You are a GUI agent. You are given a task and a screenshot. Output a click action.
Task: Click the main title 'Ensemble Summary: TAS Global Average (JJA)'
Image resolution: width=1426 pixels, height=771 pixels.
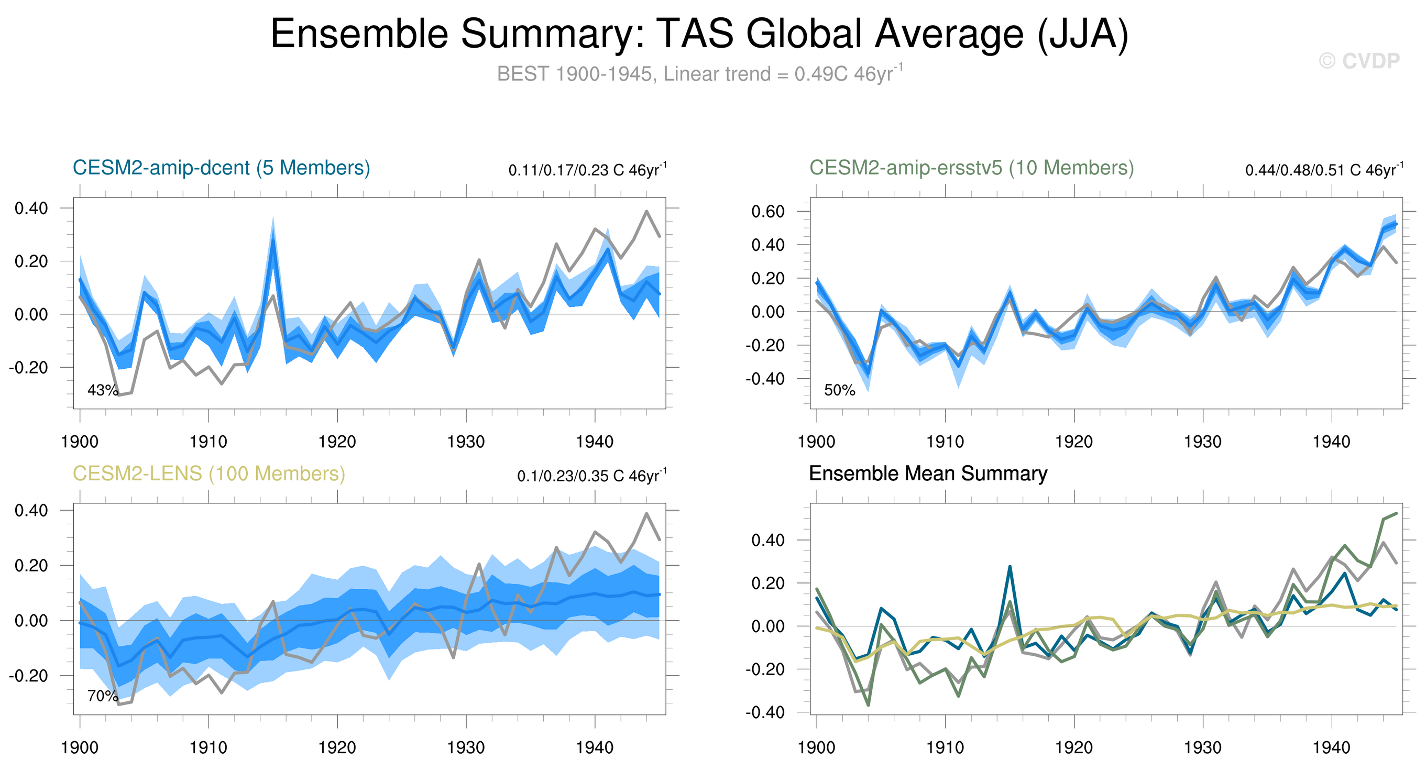[699, 35]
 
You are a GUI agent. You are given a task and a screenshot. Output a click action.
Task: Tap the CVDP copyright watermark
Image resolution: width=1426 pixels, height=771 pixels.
[1359, 61]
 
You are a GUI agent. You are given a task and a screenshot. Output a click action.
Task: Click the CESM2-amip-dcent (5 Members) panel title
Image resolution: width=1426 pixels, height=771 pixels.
[222, 168]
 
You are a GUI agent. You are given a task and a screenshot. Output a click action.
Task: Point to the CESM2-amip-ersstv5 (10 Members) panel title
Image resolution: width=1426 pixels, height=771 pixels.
[971, 168]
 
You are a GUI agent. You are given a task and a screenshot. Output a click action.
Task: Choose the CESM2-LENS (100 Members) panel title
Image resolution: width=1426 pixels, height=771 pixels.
[209, 474]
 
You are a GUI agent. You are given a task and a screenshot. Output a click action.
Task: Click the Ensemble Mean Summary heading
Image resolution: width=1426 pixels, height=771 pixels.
[928, 474]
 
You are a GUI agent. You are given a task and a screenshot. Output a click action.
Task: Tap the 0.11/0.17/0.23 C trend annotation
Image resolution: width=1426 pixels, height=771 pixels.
[587, 170]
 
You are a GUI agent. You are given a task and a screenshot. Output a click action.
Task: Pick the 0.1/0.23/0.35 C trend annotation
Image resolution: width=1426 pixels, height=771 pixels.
[592, 476]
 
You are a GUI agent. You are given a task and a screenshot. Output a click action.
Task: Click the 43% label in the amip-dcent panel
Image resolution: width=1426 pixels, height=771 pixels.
[102, 390]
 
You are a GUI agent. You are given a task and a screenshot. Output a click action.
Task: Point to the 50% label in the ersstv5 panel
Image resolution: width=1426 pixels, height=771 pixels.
[839, 390]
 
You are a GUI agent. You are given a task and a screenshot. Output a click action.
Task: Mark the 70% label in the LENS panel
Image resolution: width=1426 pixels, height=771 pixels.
[102, 696]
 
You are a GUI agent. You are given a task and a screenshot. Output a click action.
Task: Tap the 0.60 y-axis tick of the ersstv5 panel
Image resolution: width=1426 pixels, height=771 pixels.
[767, 212]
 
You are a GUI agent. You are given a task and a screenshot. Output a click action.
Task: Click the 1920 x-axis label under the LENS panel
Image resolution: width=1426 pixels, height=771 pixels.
[337, 748]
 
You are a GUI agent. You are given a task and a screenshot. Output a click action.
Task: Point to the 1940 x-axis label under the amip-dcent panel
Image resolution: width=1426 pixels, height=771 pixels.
[595, 442]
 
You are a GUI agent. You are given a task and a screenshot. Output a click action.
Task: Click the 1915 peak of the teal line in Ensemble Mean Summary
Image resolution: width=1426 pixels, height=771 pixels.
[1010, 566]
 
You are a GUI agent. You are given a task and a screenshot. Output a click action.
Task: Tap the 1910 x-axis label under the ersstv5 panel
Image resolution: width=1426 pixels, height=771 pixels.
[945, 442]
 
